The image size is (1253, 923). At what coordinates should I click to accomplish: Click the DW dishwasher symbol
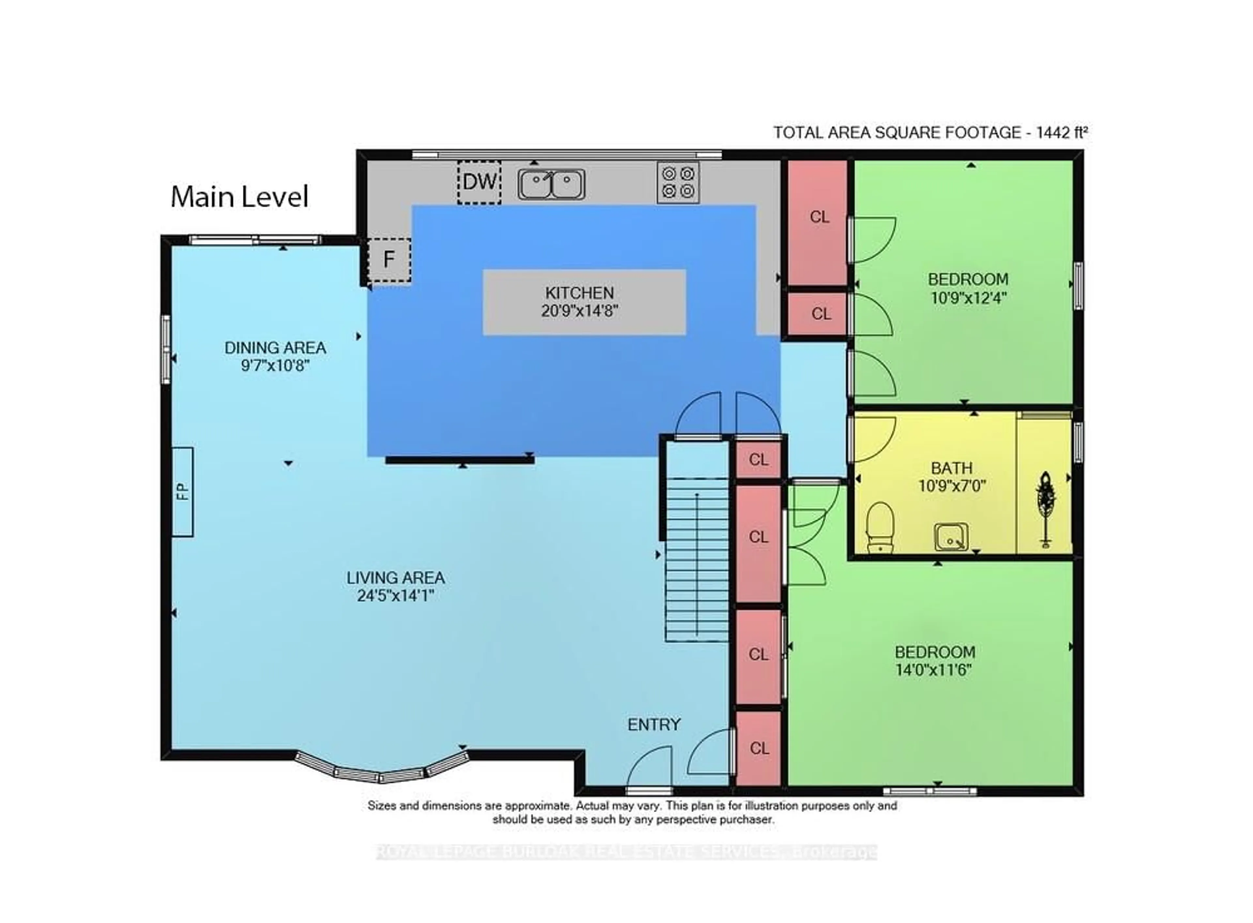(479, 182)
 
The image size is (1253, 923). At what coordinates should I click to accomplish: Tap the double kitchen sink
(551, 184)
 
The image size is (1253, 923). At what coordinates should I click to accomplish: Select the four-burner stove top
(677, 182)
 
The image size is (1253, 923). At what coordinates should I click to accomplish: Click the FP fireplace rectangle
(182, 492)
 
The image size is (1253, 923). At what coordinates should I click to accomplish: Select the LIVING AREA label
(396, 578)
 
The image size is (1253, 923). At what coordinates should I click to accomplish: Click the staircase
(696, 559)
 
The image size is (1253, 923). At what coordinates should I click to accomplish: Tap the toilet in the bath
(880, 527)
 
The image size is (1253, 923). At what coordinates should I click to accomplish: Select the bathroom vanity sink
(951, 537)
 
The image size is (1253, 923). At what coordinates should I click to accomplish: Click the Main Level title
(239, 197)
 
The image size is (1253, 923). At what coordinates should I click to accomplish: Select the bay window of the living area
(381, 770)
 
